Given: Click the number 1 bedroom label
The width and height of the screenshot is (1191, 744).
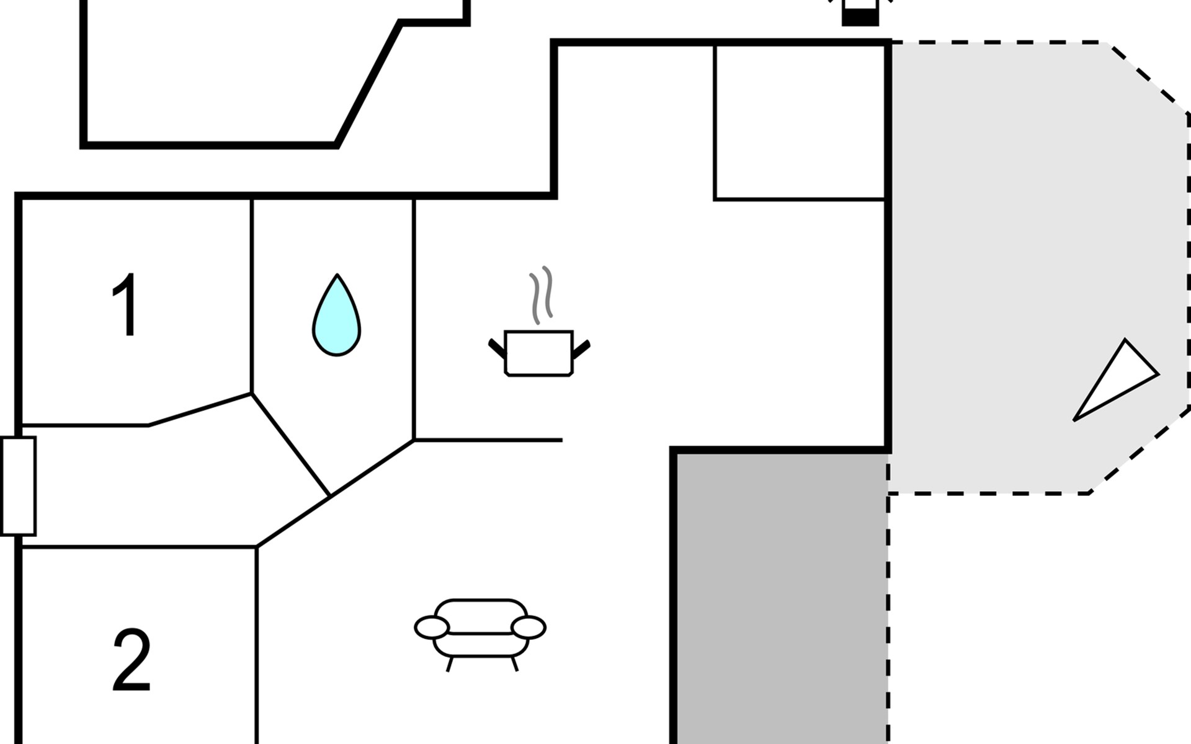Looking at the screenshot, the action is tap(127, 304).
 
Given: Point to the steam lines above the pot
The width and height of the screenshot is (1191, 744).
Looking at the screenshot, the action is tap(540, 296).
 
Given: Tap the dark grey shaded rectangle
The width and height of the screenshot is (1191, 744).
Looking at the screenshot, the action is tap(781, 598).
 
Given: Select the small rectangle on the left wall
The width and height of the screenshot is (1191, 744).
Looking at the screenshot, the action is tap(18, 486).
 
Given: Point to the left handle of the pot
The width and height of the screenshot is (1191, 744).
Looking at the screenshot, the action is tap(497, 349).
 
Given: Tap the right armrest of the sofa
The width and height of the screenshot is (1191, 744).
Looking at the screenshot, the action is tap(529, 627).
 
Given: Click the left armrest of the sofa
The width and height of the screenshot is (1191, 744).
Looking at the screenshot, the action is tap(432, 627).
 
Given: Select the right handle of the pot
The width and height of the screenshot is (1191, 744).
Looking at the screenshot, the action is tap(581, 349).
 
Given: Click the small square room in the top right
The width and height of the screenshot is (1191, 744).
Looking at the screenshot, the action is tap(800, 122).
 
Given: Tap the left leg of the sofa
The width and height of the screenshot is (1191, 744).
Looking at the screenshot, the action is tap(450, 665).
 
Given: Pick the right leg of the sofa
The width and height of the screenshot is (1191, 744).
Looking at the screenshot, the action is tap(514, 665).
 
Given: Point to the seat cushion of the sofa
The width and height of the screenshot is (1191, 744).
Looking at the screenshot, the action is tap(481, 645).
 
